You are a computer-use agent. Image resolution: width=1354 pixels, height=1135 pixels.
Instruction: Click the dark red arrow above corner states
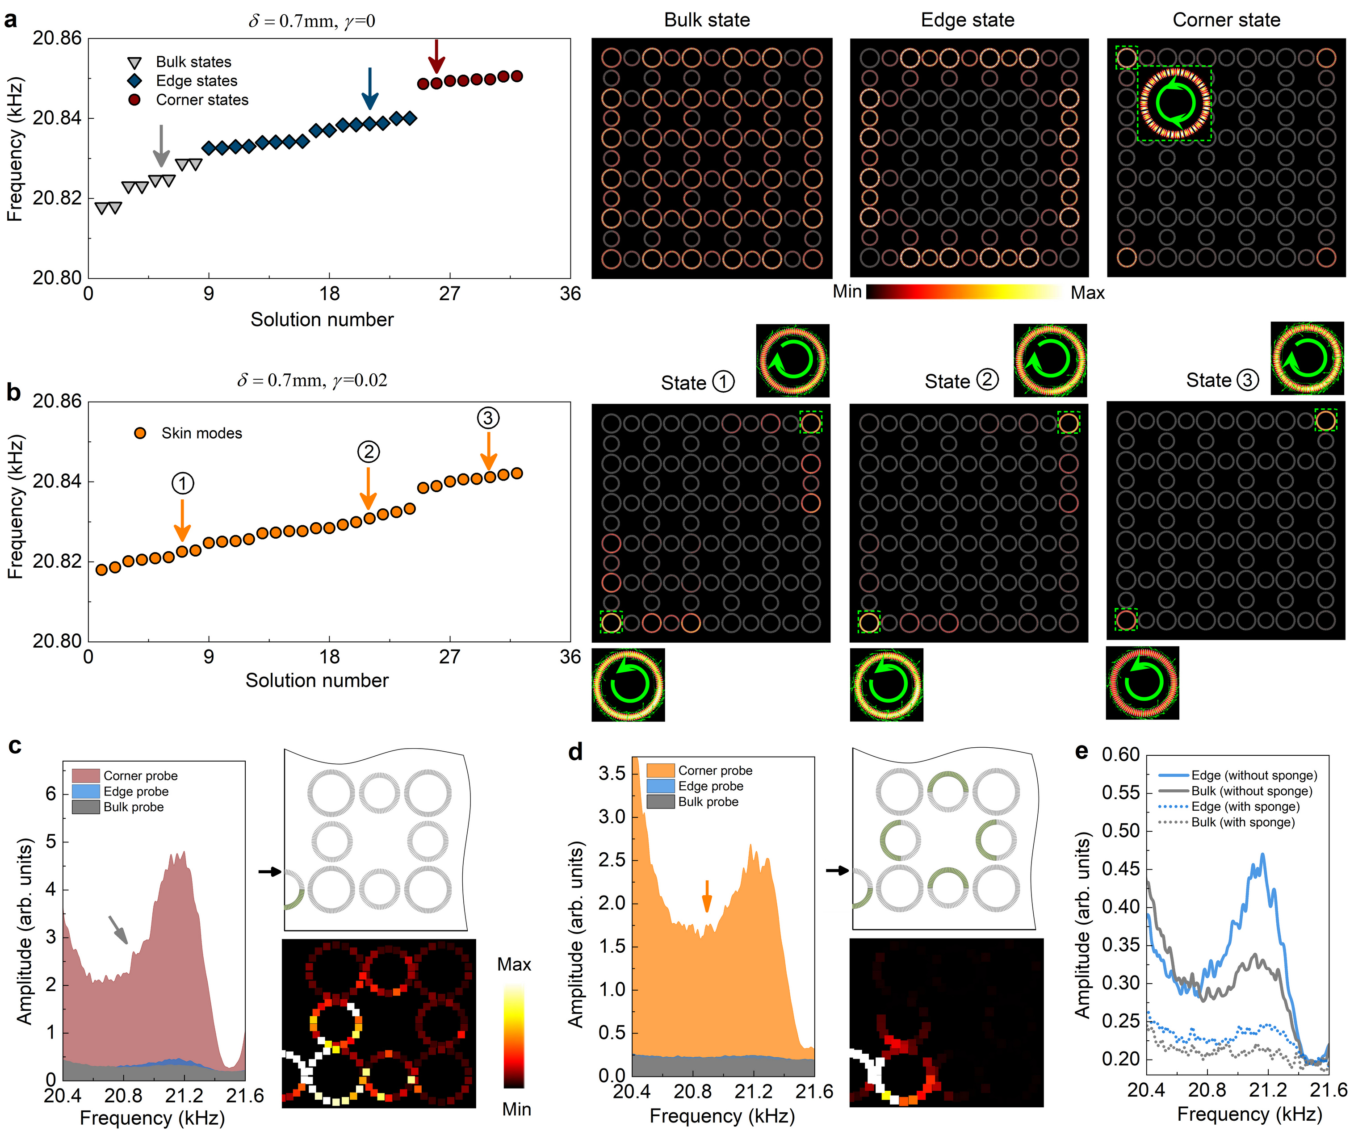coord(436,57)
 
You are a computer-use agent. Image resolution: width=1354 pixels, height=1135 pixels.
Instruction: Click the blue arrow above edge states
coord(369,88)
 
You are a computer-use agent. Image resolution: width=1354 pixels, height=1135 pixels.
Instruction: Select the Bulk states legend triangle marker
coord(134,63)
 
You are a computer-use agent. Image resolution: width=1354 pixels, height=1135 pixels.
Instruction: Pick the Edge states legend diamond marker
coord(134,80)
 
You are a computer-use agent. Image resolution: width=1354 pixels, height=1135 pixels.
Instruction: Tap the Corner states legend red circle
coord(134,100)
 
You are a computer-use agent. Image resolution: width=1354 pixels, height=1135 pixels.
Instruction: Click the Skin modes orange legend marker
coord(140,433)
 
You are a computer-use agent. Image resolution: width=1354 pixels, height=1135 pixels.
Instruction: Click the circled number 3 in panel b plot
coord(488,418)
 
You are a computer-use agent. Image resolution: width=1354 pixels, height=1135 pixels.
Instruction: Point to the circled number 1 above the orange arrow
coord(182,483)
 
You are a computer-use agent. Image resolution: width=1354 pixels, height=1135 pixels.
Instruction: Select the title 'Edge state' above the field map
coord(967,20)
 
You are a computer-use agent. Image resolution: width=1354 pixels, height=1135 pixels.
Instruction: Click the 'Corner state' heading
coord(1226,20)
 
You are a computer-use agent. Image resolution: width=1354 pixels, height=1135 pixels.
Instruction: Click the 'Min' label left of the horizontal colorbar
coord(847,292)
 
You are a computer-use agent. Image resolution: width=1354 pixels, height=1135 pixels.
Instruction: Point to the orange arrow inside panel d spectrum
coord(707,896)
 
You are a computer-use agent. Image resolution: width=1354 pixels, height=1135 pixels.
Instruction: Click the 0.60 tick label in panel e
coord(1121,755)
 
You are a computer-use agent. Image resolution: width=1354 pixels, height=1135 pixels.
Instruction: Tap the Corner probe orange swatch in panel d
coord(660,770)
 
